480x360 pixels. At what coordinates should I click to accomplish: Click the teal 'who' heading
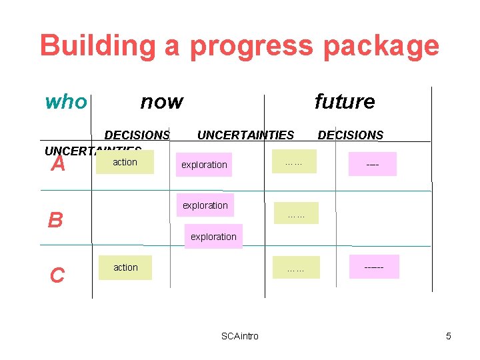coord(66,102)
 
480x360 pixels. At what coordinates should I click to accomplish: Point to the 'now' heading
coord(161,102)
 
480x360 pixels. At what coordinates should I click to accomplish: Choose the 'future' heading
coord(344,102)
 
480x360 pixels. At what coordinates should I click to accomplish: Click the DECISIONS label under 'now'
coord(137,135)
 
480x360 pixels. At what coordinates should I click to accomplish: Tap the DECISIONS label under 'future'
coord(350,135)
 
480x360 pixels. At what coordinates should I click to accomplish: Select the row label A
coord(59,163)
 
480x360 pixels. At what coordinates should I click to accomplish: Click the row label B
coord(55,219)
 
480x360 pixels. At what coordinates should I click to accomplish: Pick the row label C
coord(57,275)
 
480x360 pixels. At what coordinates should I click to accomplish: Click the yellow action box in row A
coord(125,162)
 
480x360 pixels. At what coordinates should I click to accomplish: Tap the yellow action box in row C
coord(125,267)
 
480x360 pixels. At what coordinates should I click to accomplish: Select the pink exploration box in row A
coord(204,165)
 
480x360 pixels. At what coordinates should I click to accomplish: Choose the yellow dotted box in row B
coord(296,213)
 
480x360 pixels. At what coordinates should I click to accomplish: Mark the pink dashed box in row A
coord(372,164)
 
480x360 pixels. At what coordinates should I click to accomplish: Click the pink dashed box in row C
coord(373,267)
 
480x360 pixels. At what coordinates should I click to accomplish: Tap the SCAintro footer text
coord(239,336)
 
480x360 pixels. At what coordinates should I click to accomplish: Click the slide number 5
coord(449,336)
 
